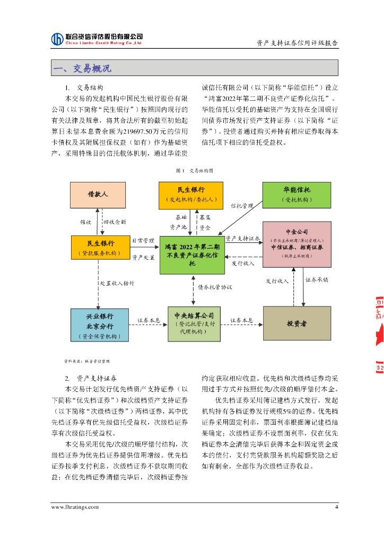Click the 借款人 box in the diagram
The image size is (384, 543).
(x=98, y=195)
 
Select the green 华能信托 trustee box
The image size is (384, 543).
(x=296, y=195)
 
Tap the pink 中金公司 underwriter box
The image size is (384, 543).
(x=296, y=244)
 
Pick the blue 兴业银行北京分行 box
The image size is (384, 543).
(x=100, y=325)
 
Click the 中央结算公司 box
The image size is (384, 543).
(x=194, y=323)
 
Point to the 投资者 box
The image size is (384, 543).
(x=296, y=323)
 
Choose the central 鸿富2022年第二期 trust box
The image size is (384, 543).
(x=192, y=255)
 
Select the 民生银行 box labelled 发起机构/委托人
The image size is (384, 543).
(x=191, y=195)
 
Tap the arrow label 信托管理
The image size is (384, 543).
(x=242, y=205)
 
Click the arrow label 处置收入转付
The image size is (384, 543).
(x=117, y=283)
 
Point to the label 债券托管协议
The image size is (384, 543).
(x=215, y=287)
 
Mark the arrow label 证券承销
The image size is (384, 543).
(x=317, y=279)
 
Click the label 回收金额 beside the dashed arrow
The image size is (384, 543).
(x=114, y=221)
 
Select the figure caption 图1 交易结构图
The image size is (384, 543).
(x=195, y=171)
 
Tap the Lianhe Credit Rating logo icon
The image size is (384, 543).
(x=57, y=39)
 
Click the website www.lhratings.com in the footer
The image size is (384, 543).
(x=75, y=507)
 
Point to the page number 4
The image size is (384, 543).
(x=336, y=507)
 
